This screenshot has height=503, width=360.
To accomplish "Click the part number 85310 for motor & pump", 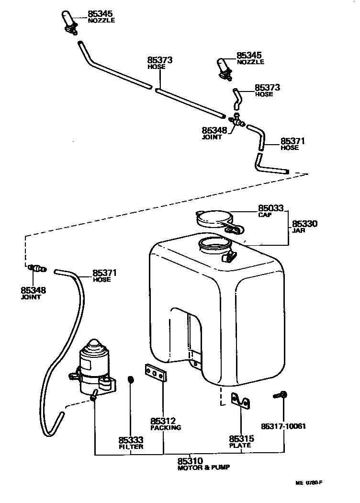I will click(191, 461).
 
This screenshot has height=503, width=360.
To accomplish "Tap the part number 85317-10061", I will click(283, 426).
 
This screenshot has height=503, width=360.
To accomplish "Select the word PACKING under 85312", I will click(165, 427).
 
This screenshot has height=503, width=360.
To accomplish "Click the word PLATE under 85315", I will click(240, 445).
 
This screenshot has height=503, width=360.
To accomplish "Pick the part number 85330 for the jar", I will click(304, 224).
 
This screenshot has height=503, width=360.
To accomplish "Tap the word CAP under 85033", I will click(265, 215).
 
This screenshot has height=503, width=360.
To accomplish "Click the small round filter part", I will click(130, 380).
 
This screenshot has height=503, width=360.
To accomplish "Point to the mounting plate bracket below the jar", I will click(241, 401).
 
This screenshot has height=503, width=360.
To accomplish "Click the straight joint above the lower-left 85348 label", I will click(36, 268).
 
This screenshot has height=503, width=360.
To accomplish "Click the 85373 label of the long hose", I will click(159, 60).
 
